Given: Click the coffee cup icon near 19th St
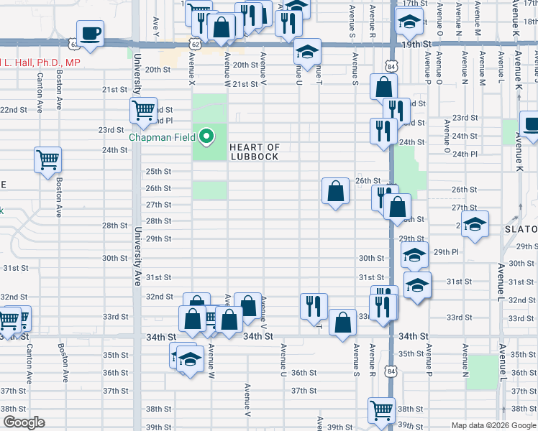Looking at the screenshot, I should tap(91, 34).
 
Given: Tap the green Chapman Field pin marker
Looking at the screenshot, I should tap(207, 136).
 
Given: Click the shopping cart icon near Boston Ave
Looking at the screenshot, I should tap(48, 160).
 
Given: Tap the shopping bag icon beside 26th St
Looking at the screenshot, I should tap(335, 192).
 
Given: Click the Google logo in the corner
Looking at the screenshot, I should tap(24, 423).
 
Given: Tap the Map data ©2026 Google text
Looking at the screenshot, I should tap(493, 425).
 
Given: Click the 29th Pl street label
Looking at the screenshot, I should tap(446, 252).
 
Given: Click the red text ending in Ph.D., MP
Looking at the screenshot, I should tap(40, 63).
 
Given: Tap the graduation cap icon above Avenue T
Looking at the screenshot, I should tap(307, 52).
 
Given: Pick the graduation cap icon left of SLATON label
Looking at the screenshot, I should tap(475, 225).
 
